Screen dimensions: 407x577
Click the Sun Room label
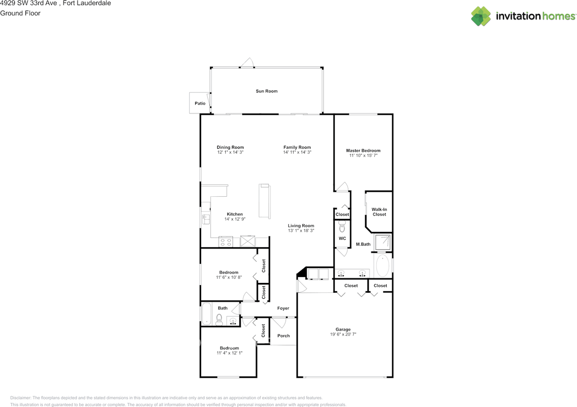(266, 91)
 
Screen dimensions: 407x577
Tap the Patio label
(200, 103)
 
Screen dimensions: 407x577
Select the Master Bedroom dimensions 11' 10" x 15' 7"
(363, 155)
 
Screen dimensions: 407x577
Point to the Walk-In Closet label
(379, 212)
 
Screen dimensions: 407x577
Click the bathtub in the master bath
(382, 266)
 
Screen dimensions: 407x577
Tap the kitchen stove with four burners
(225, 242)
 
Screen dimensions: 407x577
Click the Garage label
(343, 329)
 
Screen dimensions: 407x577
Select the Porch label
(284, 336)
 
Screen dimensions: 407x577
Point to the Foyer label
(283, 309)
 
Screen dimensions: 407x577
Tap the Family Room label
(297, 148)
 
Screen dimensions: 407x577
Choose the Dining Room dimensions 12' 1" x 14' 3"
(230, 153)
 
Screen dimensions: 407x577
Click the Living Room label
(301, 226)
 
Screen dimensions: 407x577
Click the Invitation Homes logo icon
(481, 16)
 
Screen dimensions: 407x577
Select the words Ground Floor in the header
(20, 13)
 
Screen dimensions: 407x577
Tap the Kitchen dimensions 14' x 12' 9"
(234, 219)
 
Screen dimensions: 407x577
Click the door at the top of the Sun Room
(246, 63)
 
